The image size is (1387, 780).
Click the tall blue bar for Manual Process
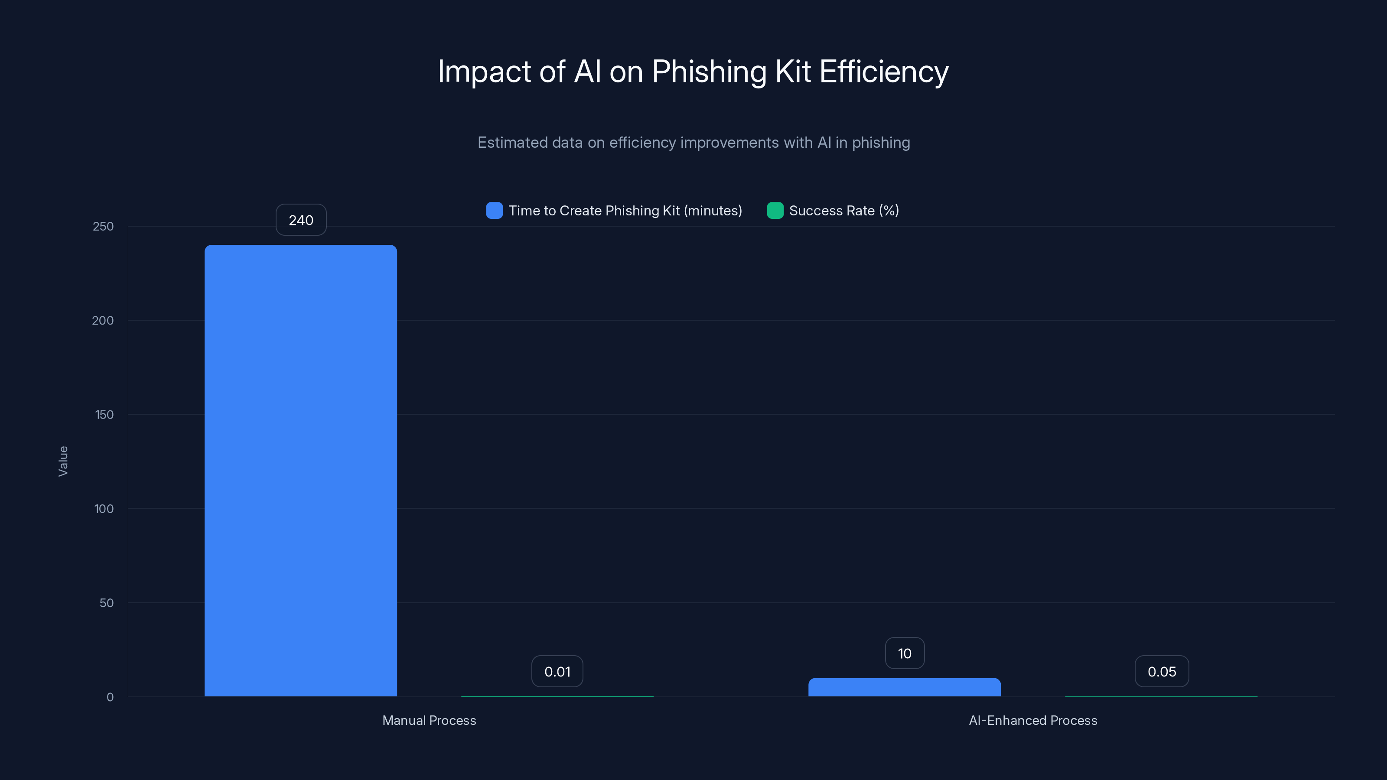[x=300, y=471]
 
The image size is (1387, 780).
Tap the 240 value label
[x=301, y=220]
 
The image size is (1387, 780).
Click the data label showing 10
[x=905, y=653]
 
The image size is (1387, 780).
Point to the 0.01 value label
[x=557, y=672]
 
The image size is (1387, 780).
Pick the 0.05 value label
[x=1162, y=672]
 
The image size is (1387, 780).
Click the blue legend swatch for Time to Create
[x=494, y=211]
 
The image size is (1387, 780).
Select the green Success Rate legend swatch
[x=775, y=211]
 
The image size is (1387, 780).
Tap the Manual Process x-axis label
[x=429, y=720]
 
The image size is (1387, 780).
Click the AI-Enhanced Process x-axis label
[x=1033, y=720]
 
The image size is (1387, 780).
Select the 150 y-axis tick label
[x=104, y=415]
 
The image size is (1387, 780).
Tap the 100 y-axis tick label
[x=104, y=509]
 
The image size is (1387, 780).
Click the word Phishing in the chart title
[x=709, y=71]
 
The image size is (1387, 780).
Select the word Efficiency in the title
[x=884, y=71]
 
